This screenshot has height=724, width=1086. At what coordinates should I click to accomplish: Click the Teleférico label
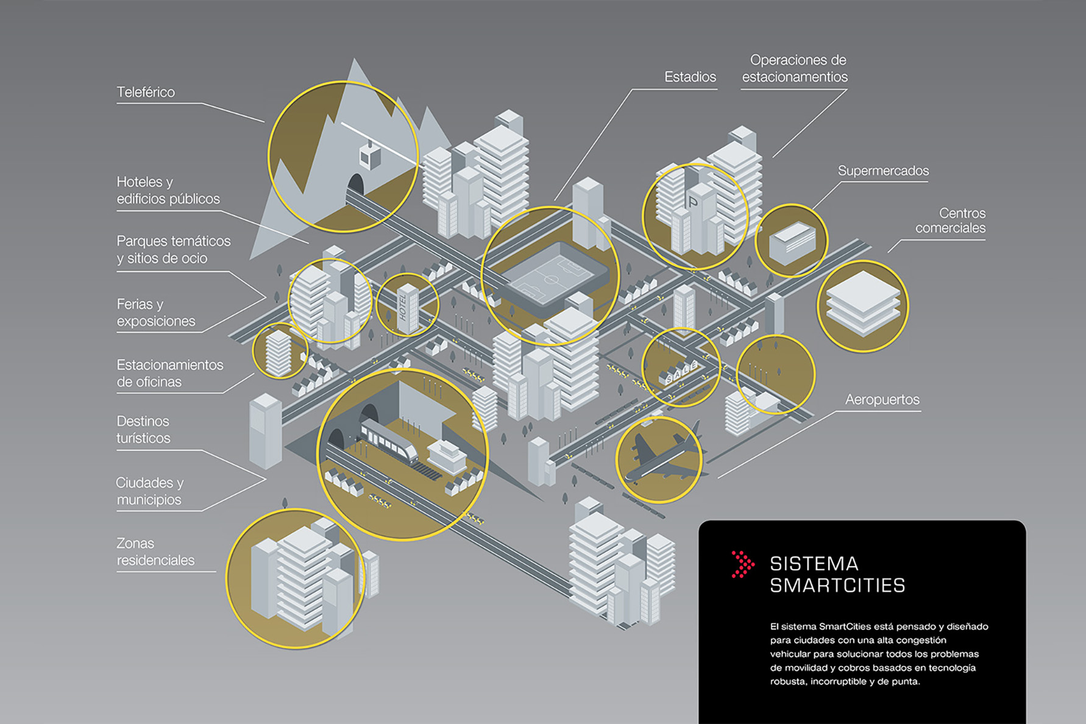[x=146, y=93]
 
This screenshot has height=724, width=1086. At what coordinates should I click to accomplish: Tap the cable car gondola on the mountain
[x=370, y=156]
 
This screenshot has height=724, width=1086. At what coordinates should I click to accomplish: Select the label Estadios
[x=690, y=77]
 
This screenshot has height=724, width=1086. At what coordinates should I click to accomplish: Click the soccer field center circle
[x=552, y=280]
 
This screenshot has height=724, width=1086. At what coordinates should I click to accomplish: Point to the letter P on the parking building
[x=692, y=202]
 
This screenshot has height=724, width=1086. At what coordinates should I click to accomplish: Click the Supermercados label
[x=883, y=171]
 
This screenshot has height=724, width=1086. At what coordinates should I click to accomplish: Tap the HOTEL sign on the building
[x=403, y=307]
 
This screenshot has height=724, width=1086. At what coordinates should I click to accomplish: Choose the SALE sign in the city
[x=681, y=371]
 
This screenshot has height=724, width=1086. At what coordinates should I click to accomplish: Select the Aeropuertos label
[x=882, y=400]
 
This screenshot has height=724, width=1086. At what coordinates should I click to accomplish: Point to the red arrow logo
[x=742, y=564]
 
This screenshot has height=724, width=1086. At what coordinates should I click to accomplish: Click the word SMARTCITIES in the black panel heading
[x=837, y=586]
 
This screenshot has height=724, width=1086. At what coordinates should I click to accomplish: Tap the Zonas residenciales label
[x=155, y=552]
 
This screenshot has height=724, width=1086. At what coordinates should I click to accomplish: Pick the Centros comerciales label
[x=950, y=221]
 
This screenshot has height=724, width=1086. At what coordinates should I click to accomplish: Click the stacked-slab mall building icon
[x=862, y=303]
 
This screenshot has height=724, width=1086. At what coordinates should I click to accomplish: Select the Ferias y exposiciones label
[x=156, y=313]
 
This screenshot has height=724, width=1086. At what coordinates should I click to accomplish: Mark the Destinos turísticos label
[x=144, y=430]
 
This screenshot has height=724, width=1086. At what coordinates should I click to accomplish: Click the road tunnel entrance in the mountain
[x=355, y=184]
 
